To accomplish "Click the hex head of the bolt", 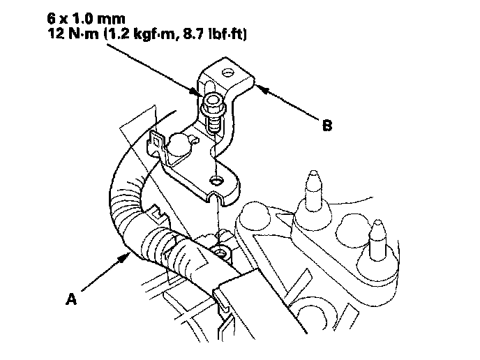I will (x=210, y=105).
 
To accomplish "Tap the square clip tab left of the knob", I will (x=157, y=143).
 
